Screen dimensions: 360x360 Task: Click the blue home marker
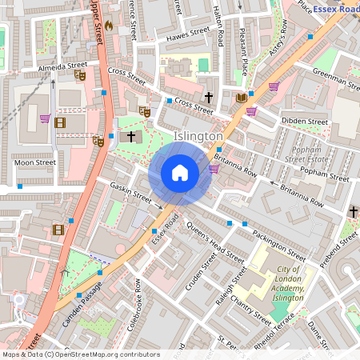click(180, 173)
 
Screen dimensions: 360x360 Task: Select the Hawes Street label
click(188, 34)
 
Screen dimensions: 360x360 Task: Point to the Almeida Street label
click(62, 67)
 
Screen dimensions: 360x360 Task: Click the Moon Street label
click(34, 162)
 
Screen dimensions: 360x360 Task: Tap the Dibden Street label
click(304, 122)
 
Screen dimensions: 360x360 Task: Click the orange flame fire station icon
click(109, 26)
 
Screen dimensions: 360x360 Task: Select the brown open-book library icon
click(241, 98)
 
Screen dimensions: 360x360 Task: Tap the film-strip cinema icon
click(58, 230)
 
